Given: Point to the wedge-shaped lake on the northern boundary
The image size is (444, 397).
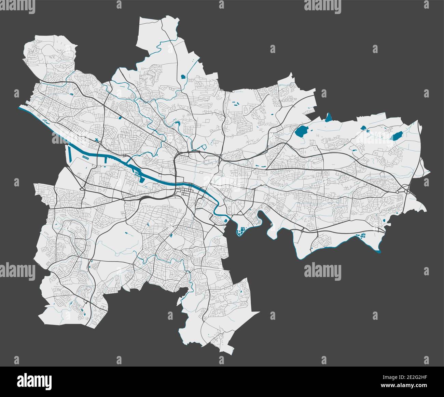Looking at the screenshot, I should (329, 118).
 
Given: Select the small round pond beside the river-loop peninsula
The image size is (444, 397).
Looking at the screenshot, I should (225, 221).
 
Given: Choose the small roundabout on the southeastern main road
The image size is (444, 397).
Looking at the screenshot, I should (303, 231).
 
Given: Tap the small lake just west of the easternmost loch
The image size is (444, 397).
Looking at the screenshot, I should (364, 129).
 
